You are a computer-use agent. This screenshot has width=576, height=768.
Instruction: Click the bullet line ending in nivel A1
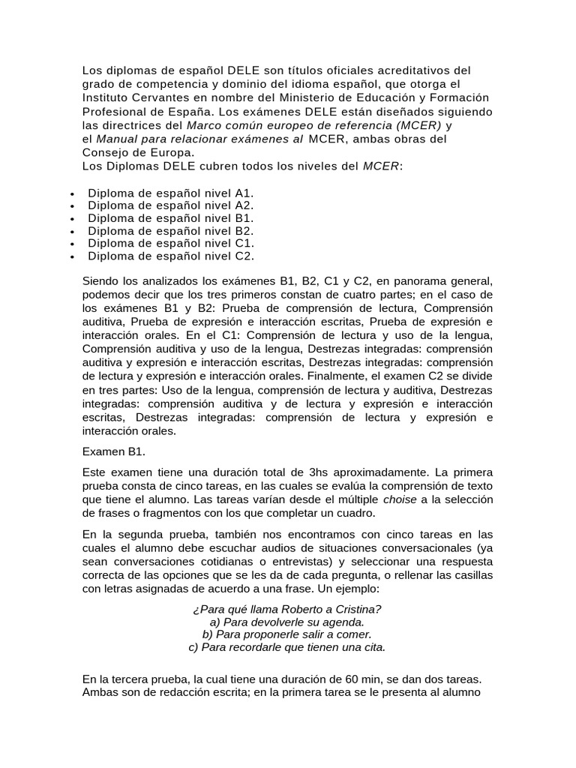click(170, 193)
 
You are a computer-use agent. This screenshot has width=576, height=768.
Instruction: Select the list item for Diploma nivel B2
click(170, 231)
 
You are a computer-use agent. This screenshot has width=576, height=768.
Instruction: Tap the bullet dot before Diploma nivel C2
click(71, 257)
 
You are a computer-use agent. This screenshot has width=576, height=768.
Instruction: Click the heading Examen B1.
click(114, 451)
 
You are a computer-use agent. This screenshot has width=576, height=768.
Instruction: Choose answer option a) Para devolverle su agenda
click(287, 622)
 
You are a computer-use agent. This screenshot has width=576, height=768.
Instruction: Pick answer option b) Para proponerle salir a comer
click(287, 634)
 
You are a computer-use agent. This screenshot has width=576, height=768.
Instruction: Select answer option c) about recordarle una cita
click(287, 647)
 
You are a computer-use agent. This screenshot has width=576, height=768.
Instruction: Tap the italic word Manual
click(116, 139)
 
